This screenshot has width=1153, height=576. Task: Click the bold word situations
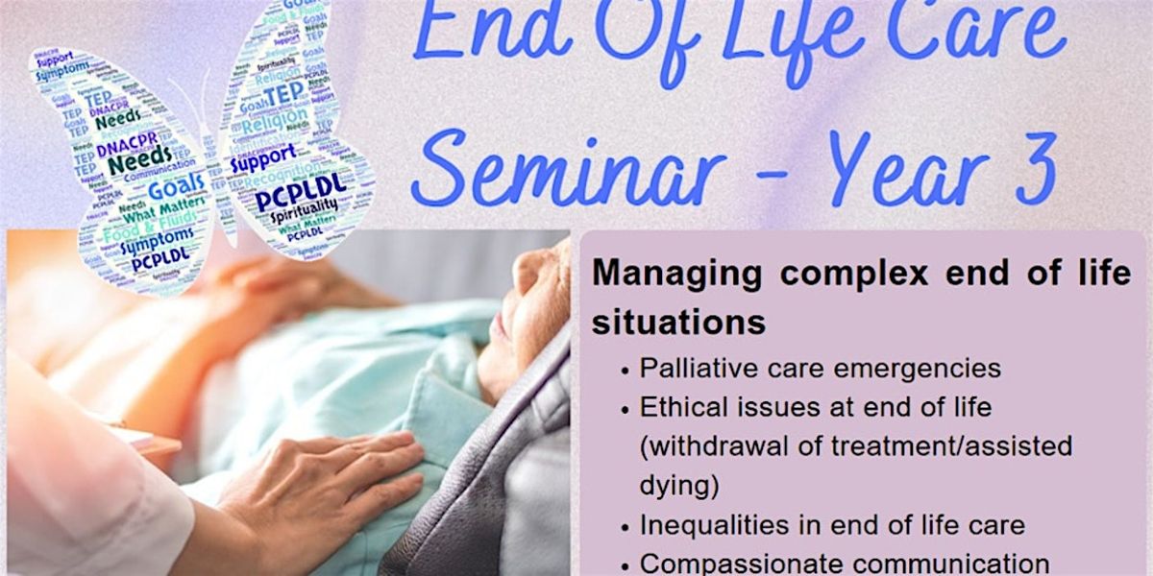click(x=678, y=323)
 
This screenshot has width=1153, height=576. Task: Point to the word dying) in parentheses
click(x=679, y=486)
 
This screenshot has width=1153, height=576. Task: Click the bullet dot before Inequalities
click(x=626, y=527)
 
